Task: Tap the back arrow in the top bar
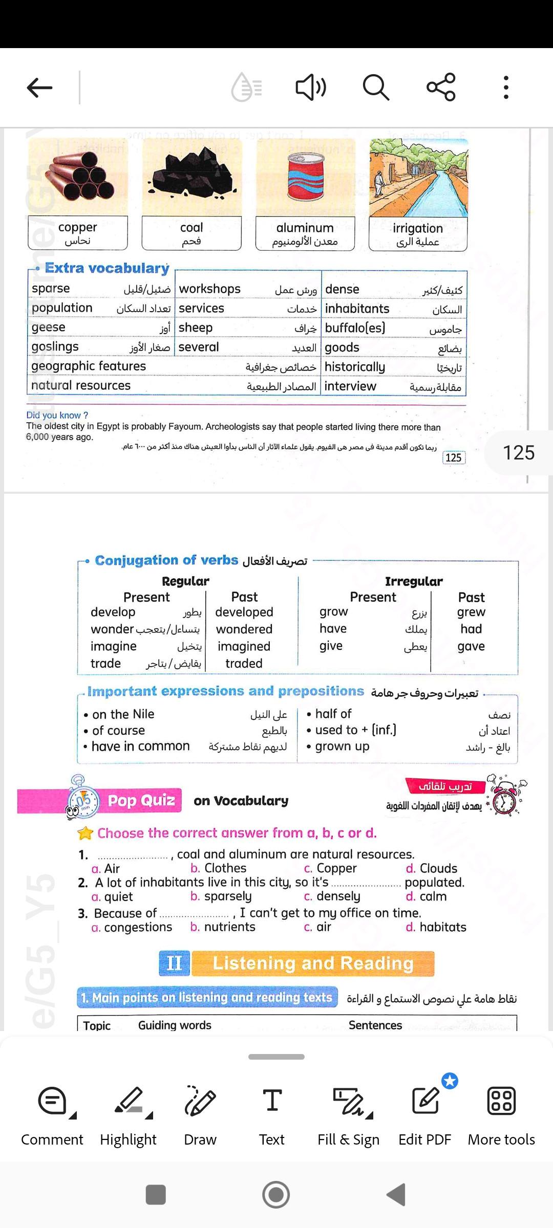click(39, 87)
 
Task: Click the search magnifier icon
click(376, 87)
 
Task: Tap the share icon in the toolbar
click(441, 87)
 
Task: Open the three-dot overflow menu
click(506, 87)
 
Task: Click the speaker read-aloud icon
click(310, 87)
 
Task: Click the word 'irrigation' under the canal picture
click(418, 228)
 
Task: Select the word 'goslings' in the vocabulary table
click(55, 347)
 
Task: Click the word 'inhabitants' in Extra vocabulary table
click(357, 309)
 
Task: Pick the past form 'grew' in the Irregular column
click(471, 612)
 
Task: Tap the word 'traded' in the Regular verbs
click(244, 664)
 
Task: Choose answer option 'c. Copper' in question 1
click(330, 868)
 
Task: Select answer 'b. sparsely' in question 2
click(221, 896)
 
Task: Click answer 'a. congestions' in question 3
click(132, 927)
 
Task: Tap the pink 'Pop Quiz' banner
click(141, 800)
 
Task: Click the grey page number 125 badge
click(518, 453)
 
